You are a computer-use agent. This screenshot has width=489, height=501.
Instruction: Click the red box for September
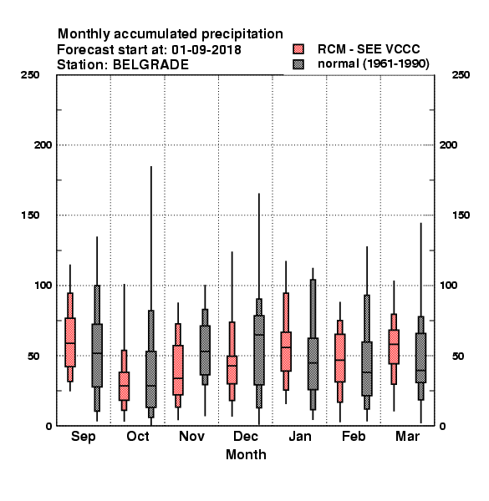tap(70, 342)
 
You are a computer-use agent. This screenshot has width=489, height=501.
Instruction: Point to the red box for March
tap(394, 347)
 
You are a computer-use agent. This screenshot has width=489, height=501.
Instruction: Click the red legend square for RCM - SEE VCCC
tap(298, 49)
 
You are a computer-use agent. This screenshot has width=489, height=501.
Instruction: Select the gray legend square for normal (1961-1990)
tap(298, 64)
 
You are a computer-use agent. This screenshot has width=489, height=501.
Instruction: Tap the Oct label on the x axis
tap(138, 436)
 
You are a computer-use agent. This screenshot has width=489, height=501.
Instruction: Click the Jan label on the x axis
tap(299, 436)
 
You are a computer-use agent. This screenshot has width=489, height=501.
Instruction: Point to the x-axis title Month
tap(246, 455)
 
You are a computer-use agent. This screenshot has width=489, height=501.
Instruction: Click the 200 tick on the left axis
tap(43, 145)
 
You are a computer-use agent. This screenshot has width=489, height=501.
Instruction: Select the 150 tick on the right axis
tap(461, 215)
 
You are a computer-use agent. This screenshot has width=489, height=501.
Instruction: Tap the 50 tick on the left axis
tap(33, 356)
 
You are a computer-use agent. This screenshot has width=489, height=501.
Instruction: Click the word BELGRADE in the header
tap(150, 65)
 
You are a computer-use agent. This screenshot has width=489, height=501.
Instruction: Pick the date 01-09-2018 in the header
tap(206, 50)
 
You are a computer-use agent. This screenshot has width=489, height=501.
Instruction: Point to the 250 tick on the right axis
tap(461, 75)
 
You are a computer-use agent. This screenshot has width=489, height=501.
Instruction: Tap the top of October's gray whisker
tap(151, 166)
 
